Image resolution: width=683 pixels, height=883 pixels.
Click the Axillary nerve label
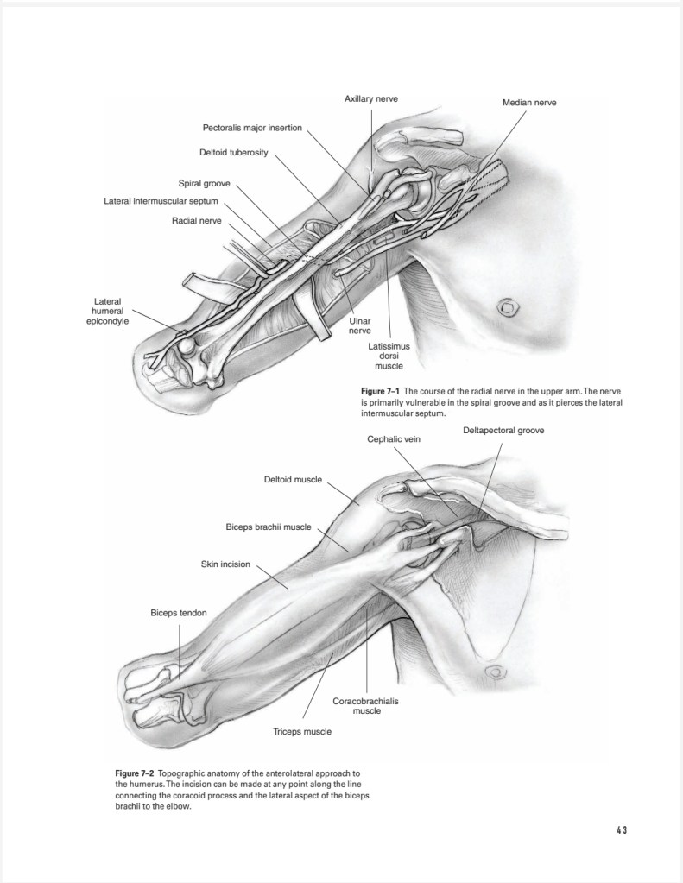371,99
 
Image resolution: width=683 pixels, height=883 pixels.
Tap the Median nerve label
529,103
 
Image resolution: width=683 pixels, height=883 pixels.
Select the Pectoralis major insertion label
252,128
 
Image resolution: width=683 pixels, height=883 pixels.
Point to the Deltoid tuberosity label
234,153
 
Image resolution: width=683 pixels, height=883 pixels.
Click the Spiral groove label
204,183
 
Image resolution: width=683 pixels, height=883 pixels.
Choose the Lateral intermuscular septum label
161,202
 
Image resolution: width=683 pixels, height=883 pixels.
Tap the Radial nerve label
197,221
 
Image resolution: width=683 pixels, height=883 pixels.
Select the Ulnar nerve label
359,325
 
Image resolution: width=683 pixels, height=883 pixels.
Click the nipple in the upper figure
507,306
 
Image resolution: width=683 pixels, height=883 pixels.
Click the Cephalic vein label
394,439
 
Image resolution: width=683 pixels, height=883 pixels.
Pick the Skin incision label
225,565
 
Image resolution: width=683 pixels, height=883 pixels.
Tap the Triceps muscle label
302,731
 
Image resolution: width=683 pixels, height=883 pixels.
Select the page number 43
621,830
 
